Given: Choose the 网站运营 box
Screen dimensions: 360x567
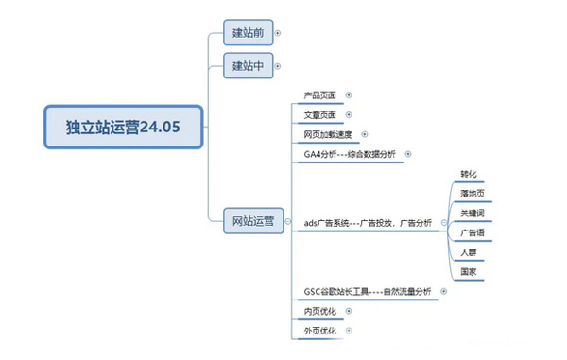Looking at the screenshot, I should point(253,222).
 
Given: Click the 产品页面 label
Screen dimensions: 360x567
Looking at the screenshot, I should point(319,95).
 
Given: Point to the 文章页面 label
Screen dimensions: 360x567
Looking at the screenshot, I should point(319,114).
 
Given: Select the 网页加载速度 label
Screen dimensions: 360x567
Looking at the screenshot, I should point(326,134).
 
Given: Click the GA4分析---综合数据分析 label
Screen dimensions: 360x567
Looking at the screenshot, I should point(351,154).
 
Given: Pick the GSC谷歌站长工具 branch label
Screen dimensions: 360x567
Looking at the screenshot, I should point(368,292).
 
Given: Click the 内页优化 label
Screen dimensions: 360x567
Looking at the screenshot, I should point(319,311).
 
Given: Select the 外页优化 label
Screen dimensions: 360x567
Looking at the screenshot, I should point(319,331).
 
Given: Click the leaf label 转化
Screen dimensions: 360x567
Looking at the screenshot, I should point(469,174).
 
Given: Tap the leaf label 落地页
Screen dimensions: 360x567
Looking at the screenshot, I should point(470,194).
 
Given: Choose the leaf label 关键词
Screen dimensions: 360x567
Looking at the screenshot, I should point(470,213).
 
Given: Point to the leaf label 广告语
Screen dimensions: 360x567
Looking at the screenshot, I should point(470,232).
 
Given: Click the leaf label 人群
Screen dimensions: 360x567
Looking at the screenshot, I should point(468,251).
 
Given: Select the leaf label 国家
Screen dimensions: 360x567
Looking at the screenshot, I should point(468,271).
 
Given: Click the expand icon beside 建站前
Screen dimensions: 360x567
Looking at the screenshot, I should point(277,34).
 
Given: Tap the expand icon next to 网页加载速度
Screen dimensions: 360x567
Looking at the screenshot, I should point(364,134).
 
